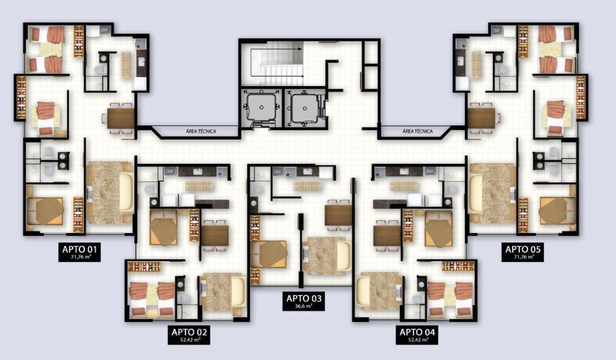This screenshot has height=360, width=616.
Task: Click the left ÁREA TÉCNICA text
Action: coord(201,131)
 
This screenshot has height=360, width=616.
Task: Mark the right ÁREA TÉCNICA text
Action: coord(417,131)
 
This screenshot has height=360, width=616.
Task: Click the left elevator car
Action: coord(261,107)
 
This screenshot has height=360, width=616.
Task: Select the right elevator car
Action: coord(304,107)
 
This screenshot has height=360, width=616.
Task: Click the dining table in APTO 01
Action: coord(121,119)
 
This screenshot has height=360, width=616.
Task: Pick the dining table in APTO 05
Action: coord(481,119)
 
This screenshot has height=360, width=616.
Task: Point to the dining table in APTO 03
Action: coord(338,216)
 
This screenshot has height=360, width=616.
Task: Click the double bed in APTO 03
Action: coord(269,254)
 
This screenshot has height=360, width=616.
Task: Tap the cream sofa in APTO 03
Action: coord(343,256)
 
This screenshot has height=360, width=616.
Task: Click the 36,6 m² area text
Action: coord(304,306)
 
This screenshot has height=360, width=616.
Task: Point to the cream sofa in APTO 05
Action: coord(476,193)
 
